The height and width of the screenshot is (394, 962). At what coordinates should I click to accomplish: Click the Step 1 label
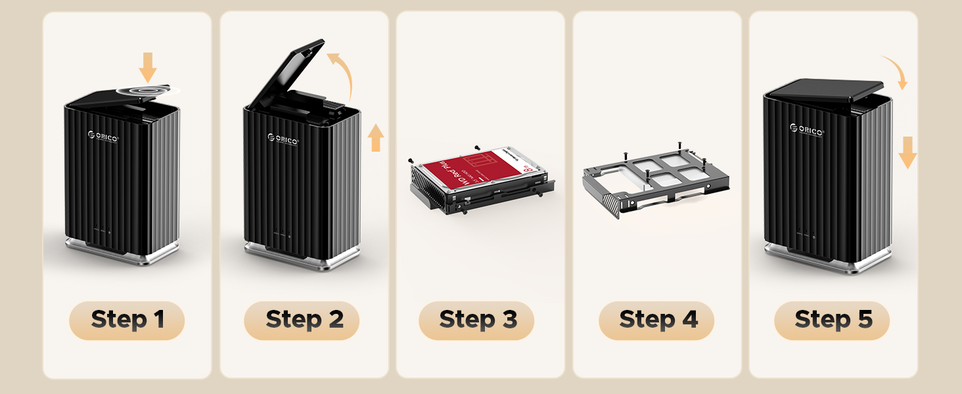(127, 320)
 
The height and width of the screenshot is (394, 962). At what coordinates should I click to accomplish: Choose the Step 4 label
(656, 320)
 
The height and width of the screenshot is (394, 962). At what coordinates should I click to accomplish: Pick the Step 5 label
(832, 320)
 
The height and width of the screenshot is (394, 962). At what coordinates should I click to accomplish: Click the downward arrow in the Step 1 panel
(148, 67)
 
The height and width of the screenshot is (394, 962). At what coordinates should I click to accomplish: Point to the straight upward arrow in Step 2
(375, 138)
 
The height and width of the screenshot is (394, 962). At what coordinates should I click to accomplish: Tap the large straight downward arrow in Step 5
(907, 152)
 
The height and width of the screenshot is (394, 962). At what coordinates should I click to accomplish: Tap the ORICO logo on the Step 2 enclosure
(284, 139)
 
